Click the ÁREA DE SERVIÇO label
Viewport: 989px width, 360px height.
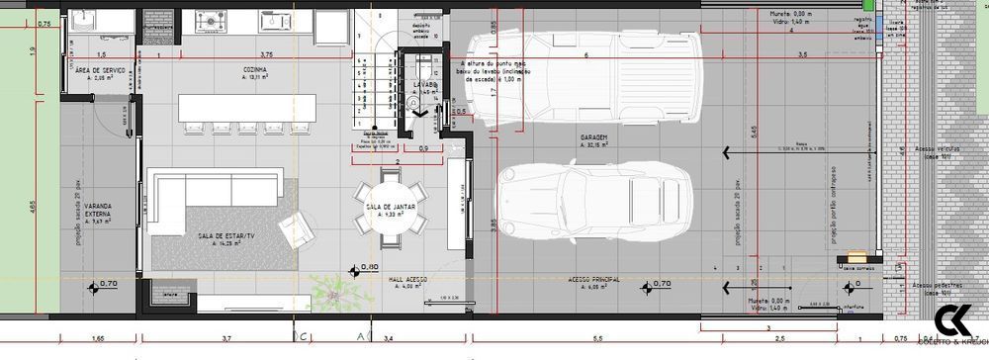tap(100, 70)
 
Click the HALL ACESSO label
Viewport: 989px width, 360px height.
tap(406, 280)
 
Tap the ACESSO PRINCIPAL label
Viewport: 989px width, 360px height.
tap(593, 280)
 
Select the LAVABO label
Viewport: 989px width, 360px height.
tap(425, 85)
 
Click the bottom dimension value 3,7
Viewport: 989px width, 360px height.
tap(226, 339)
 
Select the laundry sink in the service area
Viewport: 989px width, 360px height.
tap(81, 20)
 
